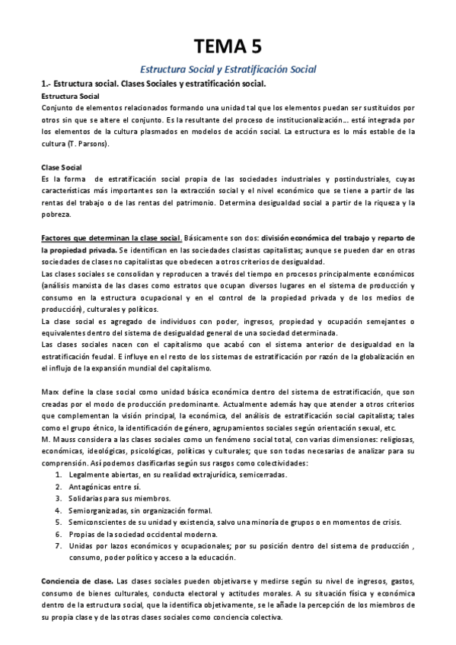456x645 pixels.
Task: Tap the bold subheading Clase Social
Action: click(x=63, y=167)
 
